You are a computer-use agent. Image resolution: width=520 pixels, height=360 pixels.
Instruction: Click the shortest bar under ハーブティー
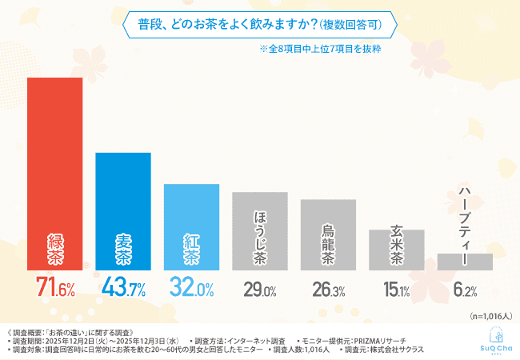tap(465, 262)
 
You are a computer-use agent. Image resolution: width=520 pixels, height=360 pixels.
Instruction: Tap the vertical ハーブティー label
tap(465, 219)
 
